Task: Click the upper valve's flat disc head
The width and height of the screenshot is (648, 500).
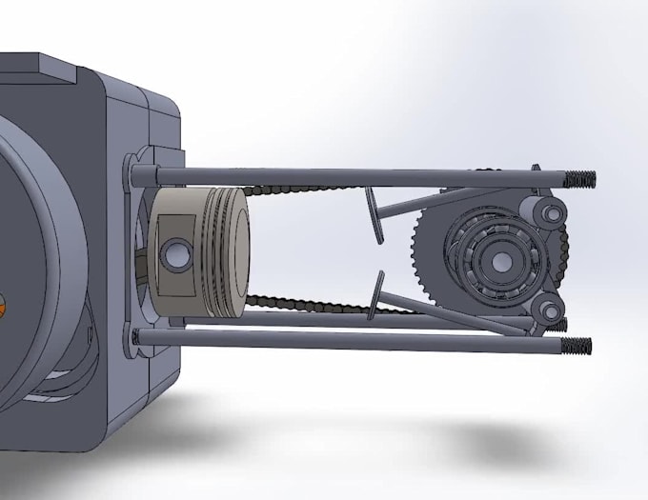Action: (x=375, y=214)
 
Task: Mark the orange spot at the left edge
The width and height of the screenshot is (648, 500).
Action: (x=4, y=307)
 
